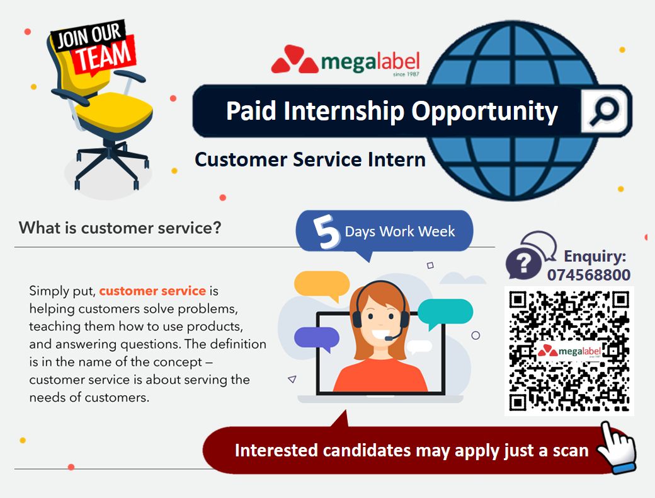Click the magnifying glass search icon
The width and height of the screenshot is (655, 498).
click(x=603, y=111)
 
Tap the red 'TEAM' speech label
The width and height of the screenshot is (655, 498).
click(x=105, y=56)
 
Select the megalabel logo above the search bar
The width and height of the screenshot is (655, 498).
click(x=345, y=61)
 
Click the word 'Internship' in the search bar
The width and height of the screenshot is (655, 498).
click(x=344, y=111)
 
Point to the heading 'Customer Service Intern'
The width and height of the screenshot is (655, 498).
click(x=310, y=159)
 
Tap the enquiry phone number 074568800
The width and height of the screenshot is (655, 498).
click(x=589, y=275)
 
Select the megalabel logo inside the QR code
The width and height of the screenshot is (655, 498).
click(x=569, y=351)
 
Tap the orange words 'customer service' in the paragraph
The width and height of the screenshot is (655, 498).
click(x=152, y=291)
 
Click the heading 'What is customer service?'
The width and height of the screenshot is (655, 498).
click(x=120, y=228)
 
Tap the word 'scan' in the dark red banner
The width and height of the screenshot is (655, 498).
click(x=571, y=451)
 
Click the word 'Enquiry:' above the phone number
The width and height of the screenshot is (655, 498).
click(x=595, y=257)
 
